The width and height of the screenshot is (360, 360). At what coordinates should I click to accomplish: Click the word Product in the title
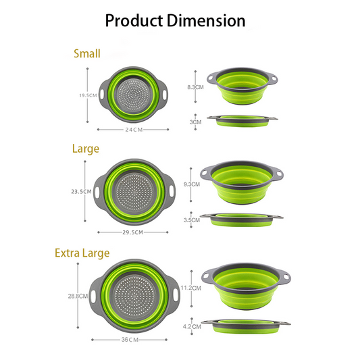[x=134, y=21]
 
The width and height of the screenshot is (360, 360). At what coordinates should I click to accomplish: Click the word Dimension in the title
[x=206, y=21]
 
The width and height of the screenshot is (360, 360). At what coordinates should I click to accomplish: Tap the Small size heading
[x=87, y=54]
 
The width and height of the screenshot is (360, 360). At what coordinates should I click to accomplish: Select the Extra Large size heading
[x=82, y=253]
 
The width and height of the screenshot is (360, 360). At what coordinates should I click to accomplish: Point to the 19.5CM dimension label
[x=88, y=95]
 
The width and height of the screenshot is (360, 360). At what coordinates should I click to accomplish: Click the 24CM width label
[x=134, y=130]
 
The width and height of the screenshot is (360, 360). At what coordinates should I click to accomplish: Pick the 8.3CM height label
[x=195, y=87]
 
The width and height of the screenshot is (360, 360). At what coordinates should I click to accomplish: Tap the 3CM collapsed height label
[x=195, y=122]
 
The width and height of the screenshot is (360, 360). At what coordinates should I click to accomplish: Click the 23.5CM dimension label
[x=81, y=191]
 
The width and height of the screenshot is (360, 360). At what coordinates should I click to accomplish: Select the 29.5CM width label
[x=132, y=232]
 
